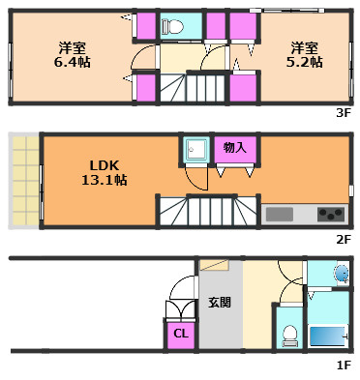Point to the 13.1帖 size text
(105, 179)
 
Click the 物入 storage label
(234, 147)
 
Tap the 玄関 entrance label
(219, 302)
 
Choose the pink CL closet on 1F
(180, 334)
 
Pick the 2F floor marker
(343, 238)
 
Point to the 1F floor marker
(343, 365)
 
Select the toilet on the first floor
(287, 336)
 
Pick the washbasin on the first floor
(339, 275)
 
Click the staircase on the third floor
(194, 90)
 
